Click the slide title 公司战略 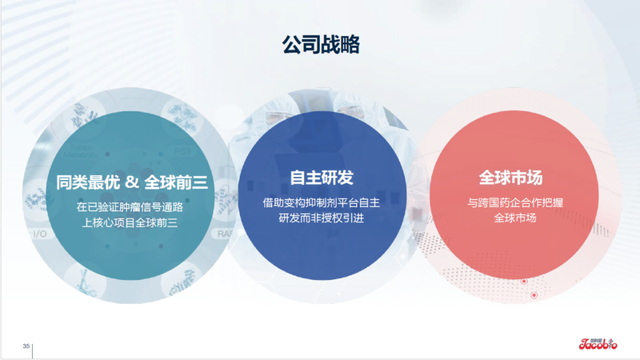[x=320, y=45]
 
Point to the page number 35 [x=26, y=346]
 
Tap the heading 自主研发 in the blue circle [x=321, y=178]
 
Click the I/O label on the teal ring [x=39, y=235]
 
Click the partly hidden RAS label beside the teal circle [x=223, y=234]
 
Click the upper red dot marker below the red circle [x=524, y=282]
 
